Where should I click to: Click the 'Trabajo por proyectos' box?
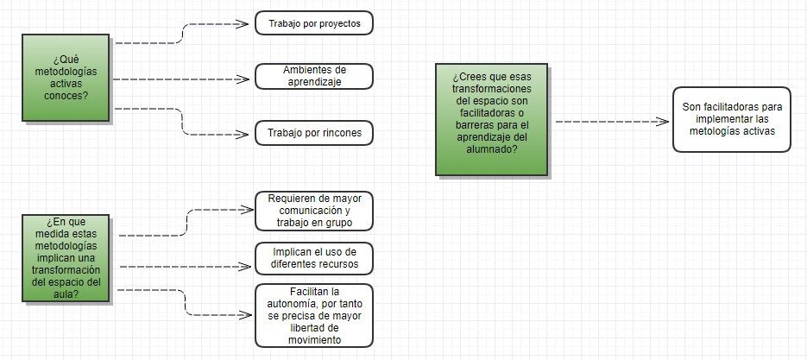[314, 23]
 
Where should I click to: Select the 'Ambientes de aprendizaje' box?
[314, 76]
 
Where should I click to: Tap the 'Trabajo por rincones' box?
[314, 133]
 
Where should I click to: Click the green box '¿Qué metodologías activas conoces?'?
[66, 77]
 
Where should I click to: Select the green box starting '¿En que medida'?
[66, 258]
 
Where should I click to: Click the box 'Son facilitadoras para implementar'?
[732, 119]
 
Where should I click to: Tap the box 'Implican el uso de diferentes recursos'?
[314, 257]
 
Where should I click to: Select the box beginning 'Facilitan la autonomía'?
[314, 315]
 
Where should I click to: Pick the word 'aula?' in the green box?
[66, 294]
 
